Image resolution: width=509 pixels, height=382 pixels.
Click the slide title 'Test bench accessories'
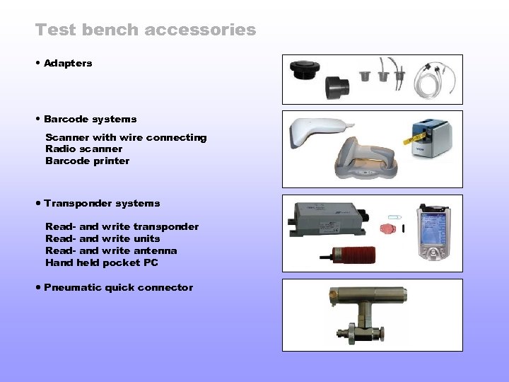tap(146, 30)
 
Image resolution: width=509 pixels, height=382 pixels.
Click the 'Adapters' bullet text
tap(68, 63)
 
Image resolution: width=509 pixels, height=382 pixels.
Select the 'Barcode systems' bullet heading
tap(90, 119)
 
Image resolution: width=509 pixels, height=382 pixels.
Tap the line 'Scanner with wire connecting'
tap(126, 137)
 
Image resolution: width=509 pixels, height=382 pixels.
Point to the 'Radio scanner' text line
tap(83, 149)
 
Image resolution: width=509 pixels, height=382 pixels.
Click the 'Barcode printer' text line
tap(87, 161)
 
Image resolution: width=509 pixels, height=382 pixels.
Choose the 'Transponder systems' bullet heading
tap(102, 203)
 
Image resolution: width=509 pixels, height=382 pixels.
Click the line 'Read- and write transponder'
tap(122, 226)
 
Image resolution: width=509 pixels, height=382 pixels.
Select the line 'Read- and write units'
tap(103, 238)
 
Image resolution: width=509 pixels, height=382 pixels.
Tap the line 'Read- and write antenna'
tap(111, 250)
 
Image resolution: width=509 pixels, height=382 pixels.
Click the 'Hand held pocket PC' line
tap(102, 262)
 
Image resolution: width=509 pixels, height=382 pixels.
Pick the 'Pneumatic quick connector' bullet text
tap(118, 287)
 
